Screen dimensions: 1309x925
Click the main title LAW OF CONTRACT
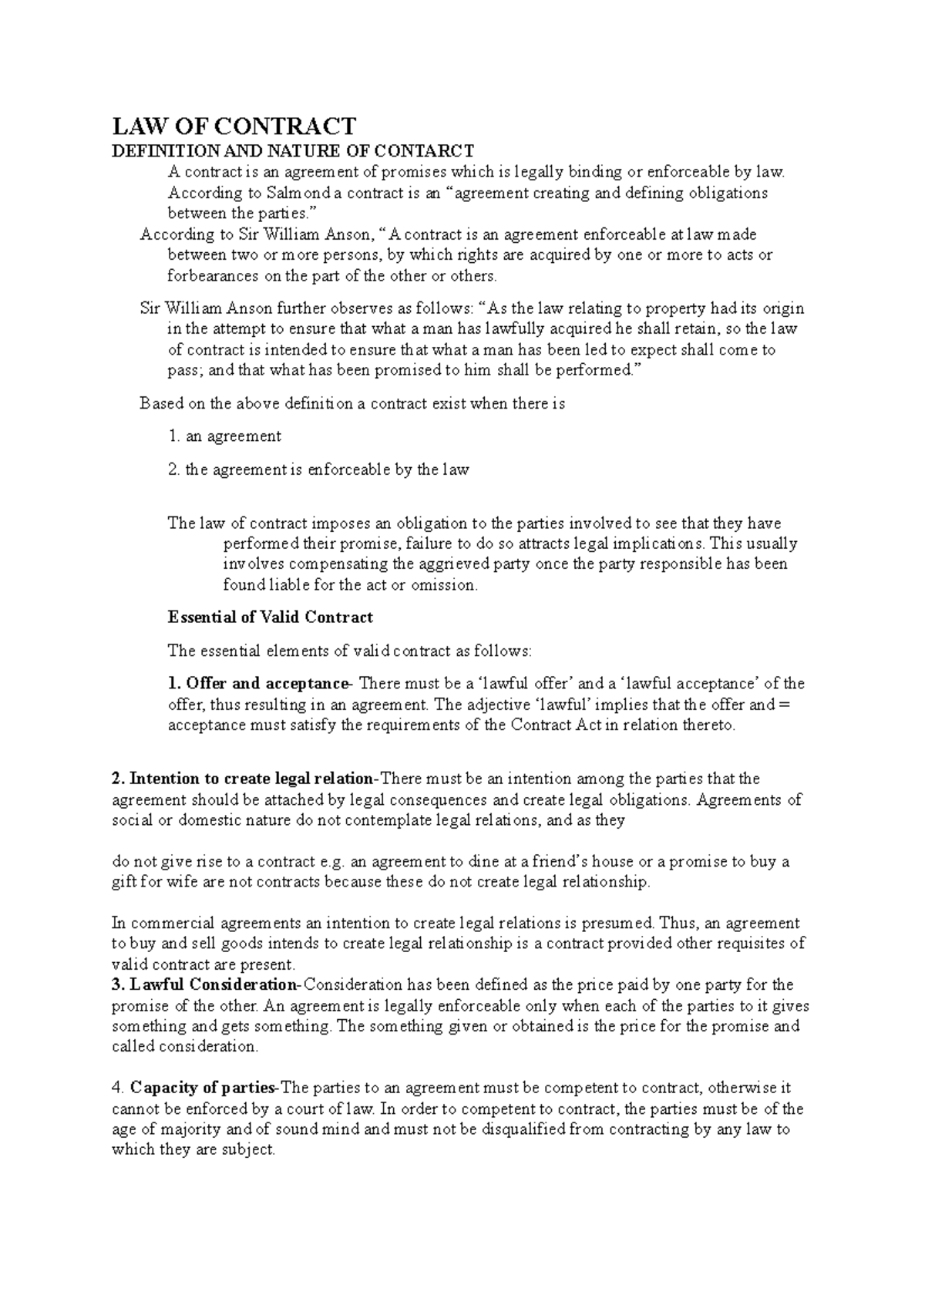[x=234, y=126]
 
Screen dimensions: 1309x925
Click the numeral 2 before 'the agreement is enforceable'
[x=173, y=469]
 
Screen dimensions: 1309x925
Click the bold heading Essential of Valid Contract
[x=270, y=617]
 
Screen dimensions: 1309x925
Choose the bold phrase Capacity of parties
[x=203, y=1089]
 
